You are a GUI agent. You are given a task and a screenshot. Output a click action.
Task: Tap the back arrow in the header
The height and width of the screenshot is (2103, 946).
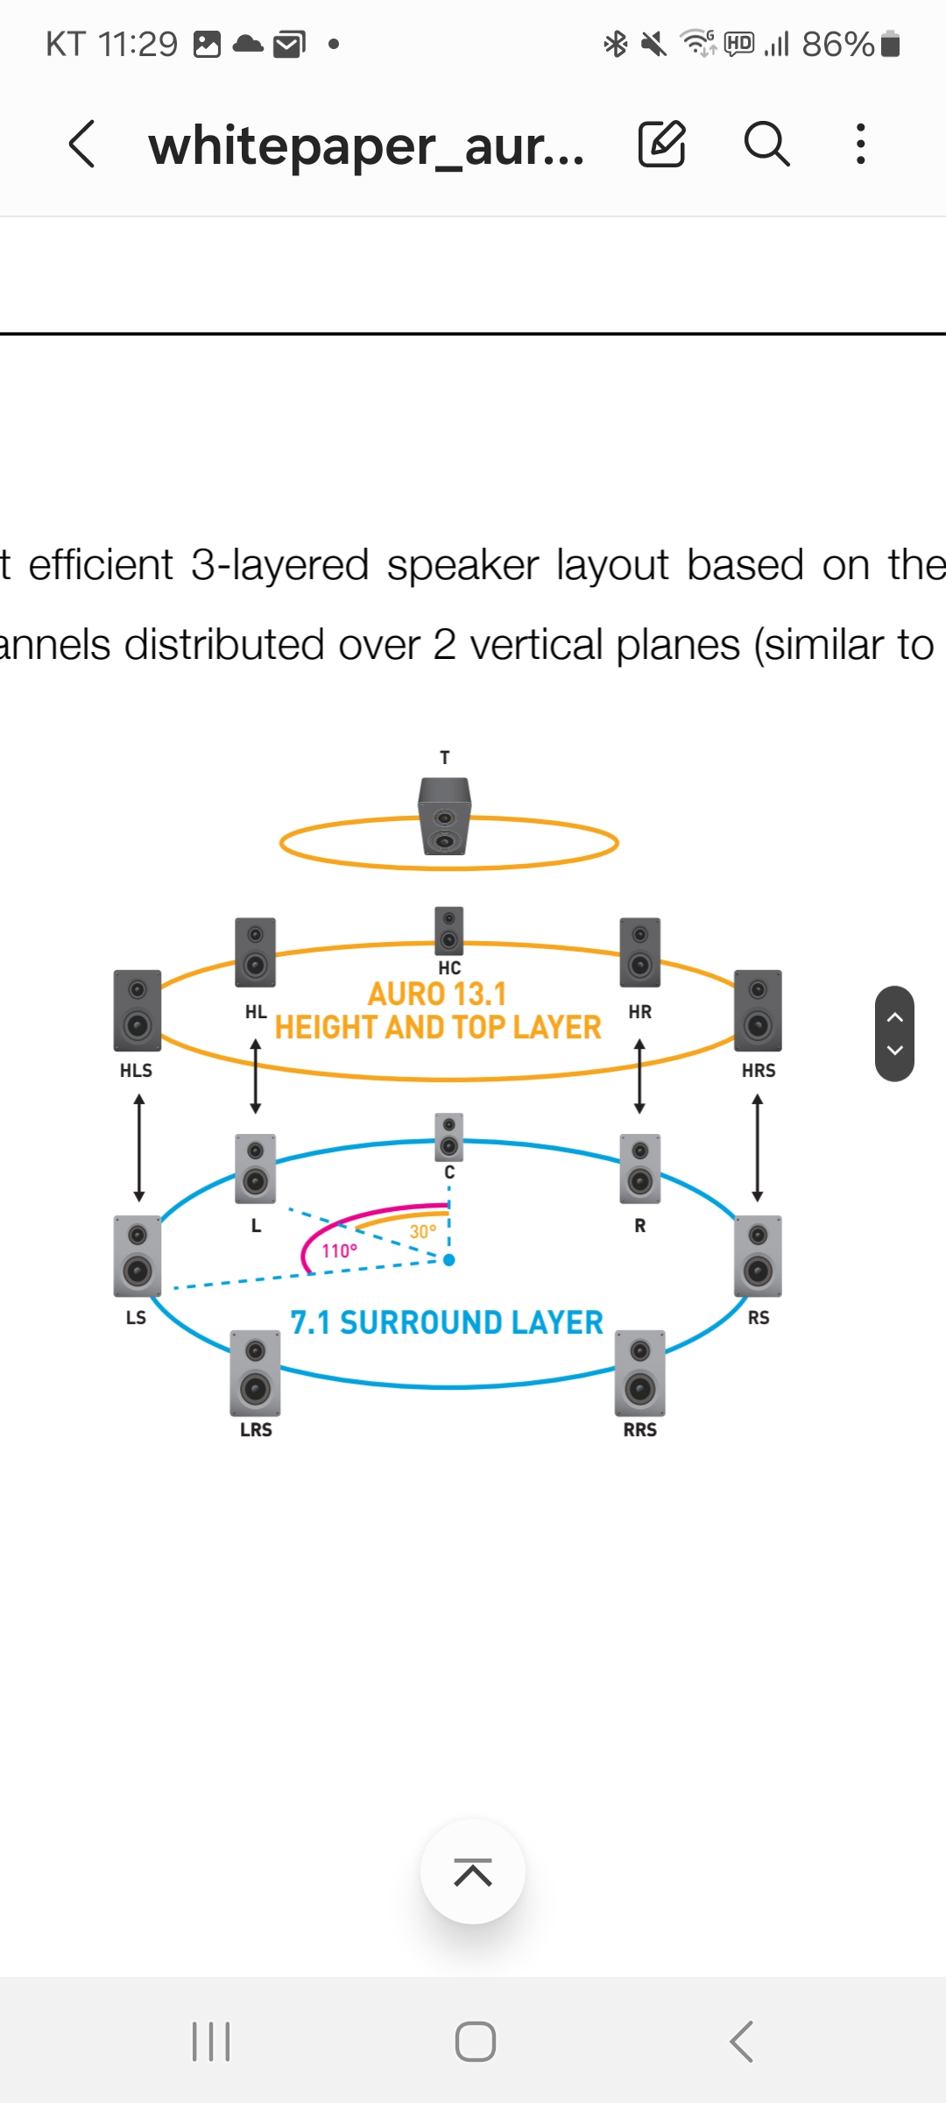point(82,145)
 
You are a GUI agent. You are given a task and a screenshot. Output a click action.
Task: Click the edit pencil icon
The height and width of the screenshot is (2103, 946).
point(661,145)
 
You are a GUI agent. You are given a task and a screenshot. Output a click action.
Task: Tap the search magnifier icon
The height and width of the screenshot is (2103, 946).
point(766,145)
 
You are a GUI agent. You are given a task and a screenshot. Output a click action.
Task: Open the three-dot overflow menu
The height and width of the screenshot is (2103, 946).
point(861,145)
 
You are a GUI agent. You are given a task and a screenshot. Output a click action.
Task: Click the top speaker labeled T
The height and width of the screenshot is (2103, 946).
point(445,816)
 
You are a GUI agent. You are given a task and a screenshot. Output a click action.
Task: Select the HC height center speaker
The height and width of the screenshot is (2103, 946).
point(448,931)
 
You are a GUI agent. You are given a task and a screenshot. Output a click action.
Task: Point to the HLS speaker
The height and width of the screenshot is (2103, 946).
point(138,1010)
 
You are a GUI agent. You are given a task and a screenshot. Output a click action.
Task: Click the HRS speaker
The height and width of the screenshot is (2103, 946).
point(758,1010)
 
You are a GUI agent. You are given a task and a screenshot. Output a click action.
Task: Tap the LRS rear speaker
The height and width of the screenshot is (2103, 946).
point(255,1373)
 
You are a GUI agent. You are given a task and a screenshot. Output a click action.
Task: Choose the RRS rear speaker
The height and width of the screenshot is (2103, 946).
point(640,1373)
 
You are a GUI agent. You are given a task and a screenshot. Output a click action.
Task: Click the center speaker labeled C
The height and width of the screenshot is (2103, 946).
point(448,1136)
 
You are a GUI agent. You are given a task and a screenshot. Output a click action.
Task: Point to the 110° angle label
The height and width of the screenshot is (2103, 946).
point(339,1251)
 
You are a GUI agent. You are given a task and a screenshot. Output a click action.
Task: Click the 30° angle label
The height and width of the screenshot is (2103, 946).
point(423,1232)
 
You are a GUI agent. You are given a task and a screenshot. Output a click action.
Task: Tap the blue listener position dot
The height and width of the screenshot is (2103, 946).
point(449,1260)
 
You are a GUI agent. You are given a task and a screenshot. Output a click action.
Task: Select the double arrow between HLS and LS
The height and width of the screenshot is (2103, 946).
point(138,1148)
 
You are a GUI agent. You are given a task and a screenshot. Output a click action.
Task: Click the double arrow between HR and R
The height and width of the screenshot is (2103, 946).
point(639,1076)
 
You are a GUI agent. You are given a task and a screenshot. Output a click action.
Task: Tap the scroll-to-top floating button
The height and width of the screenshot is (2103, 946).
point(473,1872)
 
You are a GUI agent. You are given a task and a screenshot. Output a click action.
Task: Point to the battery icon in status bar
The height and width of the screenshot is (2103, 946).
point(890,44)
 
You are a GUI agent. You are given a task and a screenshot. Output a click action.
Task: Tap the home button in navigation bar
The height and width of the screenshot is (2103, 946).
point(475,2042)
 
